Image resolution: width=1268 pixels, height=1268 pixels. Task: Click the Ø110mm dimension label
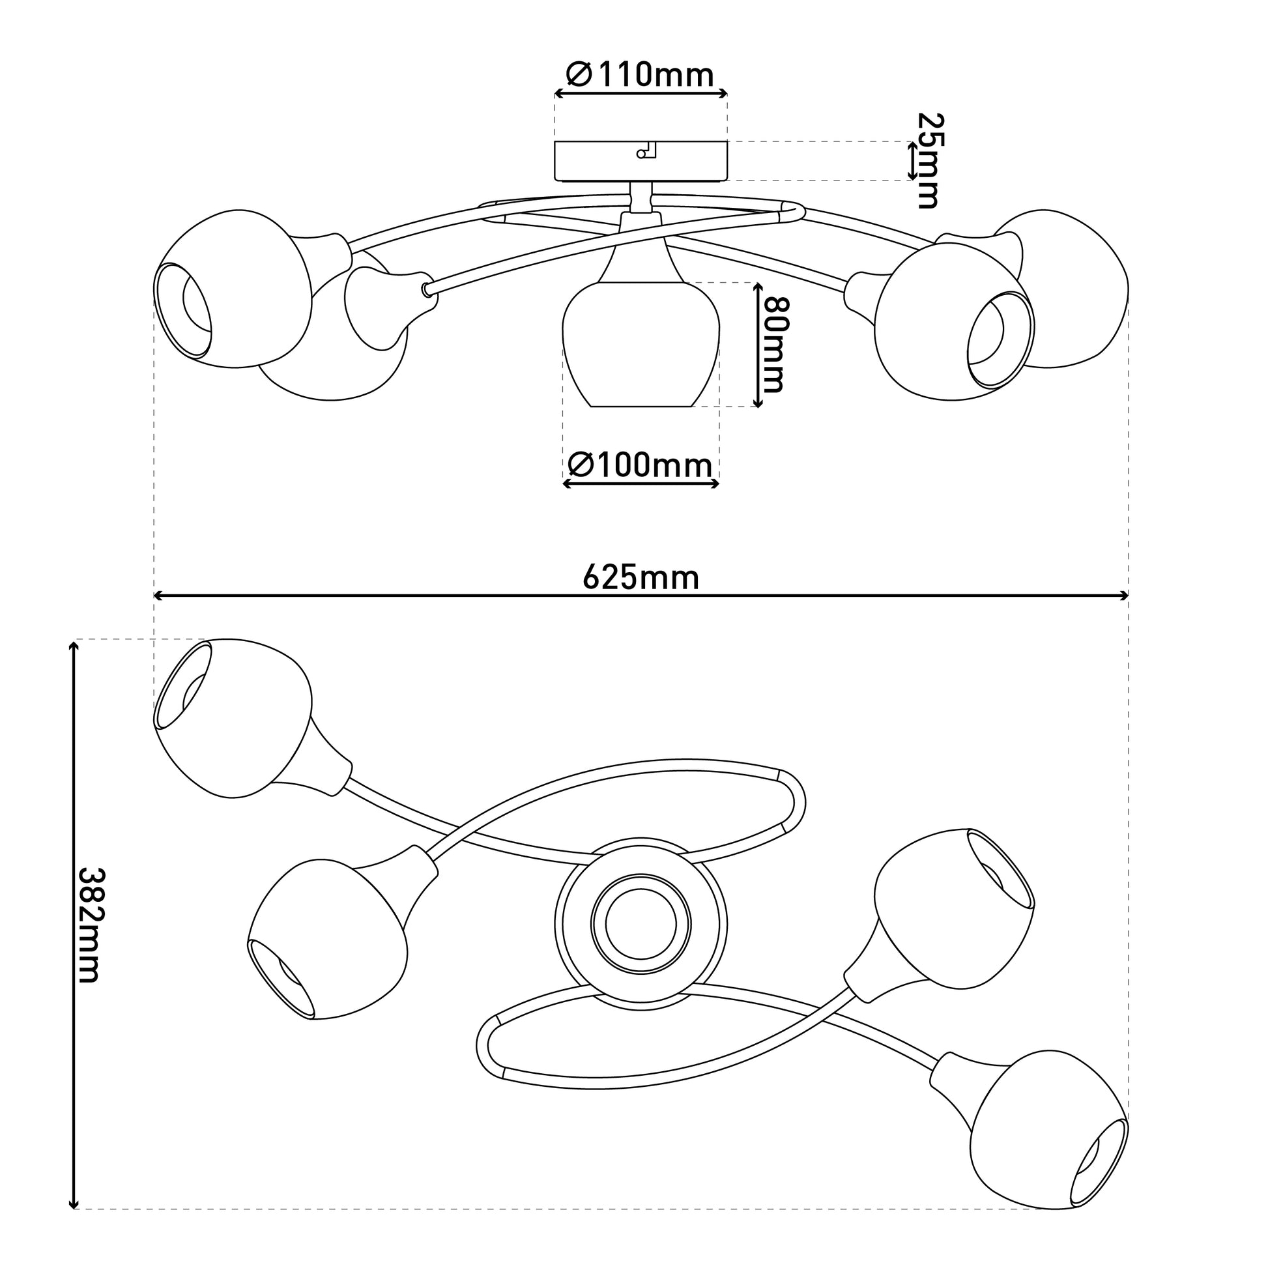coord(639,75)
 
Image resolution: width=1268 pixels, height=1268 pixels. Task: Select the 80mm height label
coord(775,345)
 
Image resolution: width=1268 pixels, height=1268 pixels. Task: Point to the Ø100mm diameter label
coord(639,466)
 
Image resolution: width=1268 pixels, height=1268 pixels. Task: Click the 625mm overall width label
coord(641,578)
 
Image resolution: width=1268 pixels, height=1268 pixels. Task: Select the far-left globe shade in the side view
coord(233,288)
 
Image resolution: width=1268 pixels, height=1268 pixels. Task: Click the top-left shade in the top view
coord(233,718)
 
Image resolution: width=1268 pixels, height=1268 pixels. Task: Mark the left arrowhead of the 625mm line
coord(158,596)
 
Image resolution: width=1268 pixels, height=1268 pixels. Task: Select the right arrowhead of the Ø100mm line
coord(715,484)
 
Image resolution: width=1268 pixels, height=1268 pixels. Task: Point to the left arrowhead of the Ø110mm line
coord(560,94)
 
